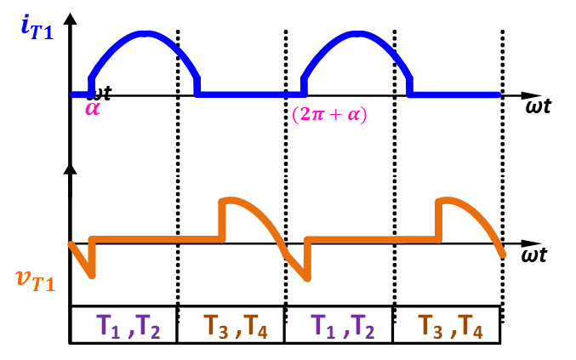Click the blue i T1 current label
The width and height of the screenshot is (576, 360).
tap(36, 27)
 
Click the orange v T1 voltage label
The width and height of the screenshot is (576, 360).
tap(36, 280)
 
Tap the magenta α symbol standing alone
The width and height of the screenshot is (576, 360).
tap(92, 109)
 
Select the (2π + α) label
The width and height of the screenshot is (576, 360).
tap(328, 114)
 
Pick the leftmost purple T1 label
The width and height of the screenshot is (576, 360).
tap(109, 326)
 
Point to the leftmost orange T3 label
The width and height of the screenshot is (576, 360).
tap(216, 326)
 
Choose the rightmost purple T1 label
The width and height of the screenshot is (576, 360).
tap(323, 326)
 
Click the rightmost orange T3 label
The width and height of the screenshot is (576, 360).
tap(431, 326)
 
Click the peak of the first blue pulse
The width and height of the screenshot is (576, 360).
tap(146, 34)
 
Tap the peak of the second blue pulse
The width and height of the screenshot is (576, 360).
tap(359, 34)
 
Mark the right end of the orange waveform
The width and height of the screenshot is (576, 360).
tap(505, 254)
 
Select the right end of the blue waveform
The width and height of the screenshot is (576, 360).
tap(498, 94)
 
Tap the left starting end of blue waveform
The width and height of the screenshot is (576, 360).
tap(72, 94)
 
